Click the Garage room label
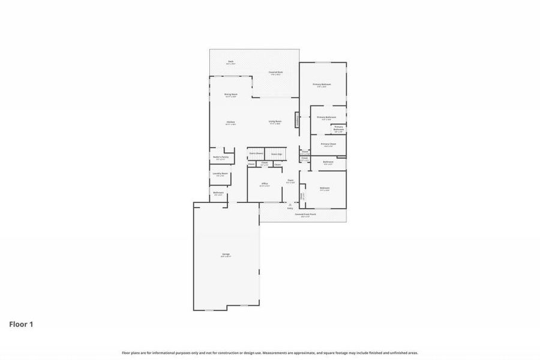click(x=226, y=255)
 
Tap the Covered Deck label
click(x=277, y=73)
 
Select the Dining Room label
click(x=231, y=95)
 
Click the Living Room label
click(x=275, y=122)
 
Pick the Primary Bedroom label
click(x=322, y=85)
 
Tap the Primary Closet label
click(x=328, y=145)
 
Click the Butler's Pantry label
click(x=220, y=158)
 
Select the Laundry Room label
click(x=220, y=175)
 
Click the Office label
click(x=264, y=184)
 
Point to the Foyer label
click(x=290, y=181)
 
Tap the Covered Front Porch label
click(x=302, y=215)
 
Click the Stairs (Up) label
click(x=277, y=154)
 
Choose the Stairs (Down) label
click(x=256, y=154)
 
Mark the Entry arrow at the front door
click(x=290, y=206)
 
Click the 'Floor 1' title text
click(x=21, y=325)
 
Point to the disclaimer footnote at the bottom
click(x=270, y=353)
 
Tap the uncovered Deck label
click(x=230, y=62)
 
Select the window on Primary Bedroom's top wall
click(x=323, y=62)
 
